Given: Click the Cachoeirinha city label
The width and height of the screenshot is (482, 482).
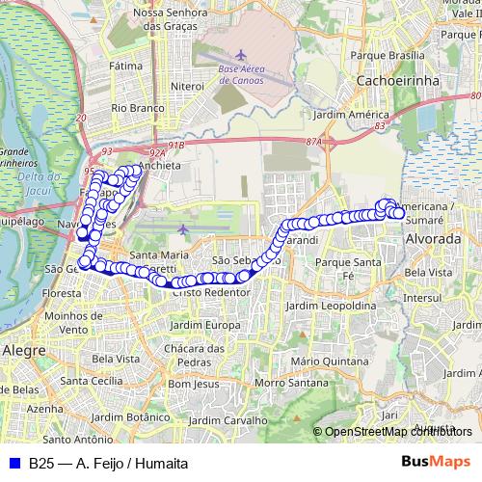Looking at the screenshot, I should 397,81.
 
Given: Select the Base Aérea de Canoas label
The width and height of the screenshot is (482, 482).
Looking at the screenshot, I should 248,74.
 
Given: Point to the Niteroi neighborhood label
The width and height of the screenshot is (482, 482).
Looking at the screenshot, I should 187,86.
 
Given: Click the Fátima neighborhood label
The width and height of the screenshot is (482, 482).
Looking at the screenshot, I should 125,67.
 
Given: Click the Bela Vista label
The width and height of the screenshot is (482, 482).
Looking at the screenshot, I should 428,273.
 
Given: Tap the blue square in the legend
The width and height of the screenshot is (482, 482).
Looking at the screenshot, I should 13,463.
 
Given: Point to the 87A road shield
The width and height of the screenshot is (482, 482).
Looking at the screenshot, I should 312,142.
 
